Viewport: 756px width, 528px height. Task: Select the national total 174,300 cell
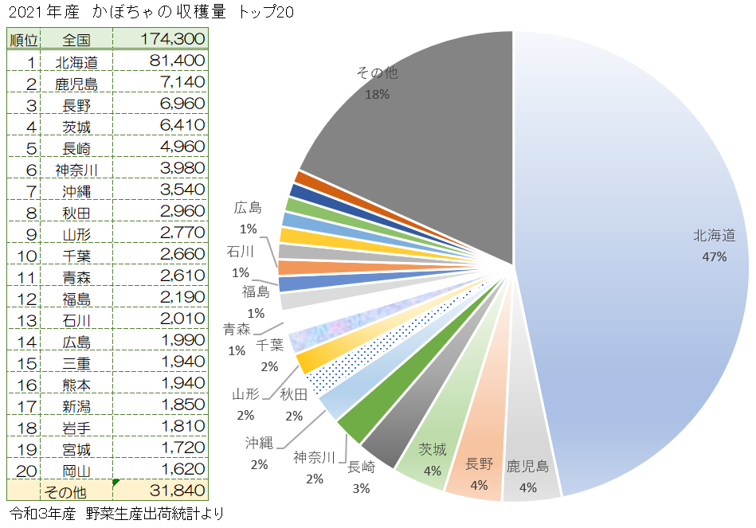(x=172, y=39)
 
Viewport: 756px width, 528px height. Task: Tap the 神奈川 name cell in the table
(x=76, y=169)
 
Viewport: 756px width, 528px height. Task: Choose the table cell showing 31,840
(x=172, y=490)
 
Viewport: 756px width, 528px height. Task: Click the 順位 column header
(x=22, y=39)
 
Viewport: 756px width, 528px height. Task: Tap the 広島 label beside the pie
(x=248, y=208)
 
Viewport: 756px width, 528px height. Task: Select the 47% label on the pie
(x=714, y=256)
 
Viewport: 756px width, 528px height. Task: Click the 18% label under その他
(x=377, y=94)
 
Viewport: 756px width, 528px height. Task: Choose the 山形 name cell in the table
(x=76, y=233)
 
